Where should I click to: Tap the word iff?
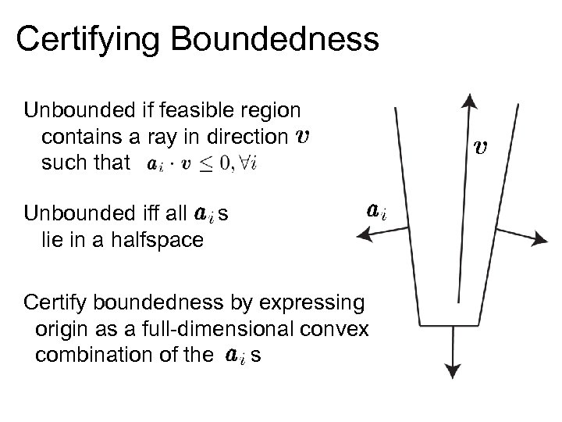[x=147, y=213]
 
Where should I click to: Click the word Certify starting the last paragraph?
[x=55, y=302]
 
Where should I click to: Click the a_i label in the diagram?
[x=376, y=212]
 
